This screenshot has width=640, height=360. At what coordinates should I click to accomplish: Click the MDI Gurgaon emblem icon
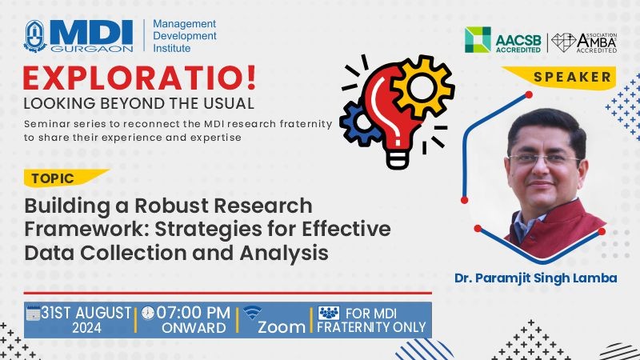coord(35,36)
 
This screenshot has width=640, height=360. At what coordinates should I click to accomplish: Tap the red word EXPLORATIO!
coord(139,78)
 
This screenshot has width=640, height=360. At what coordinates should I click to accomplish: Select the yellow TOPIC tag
coord(66,178)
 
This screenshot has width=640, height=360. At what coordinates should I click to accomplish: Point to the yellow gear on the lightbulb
coord(422,86)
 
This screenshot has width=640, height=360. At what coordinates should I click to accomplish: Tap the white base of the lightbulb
coord(397,159)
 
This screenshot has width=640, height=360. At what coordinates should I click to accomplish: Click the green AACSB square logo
coord(478,39)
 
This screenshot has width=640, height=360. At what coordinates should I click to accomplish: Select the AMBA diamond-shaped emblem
coord(564,42)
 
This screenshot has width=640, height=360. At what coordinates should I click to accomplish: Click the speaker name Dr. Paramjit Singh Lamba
coord(535,278)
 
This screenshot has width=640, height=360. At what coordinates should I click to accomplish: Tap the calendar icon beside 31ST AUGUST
coord(33,313)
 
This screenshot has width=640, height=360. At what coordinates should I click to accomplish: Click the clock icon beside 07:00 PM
coord(148,313)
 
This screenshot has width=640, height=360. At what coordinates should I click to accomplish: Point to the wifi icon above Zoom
coord(252,313)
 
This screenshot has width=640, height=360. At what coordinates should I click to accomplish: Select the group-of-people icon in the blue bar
coord(329,313)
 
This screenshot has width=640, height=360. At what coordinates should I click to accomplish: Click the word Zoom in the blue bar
coord(282,327)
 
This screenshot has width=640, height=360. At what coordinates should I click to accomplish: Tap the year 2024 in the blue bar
coord(86,328)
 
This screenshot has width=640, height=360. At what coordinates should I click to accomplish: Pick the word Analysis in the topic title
coord(284,253)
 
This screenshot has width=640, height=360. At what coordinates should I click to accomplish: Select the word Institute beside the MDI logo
coord(172,48)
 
